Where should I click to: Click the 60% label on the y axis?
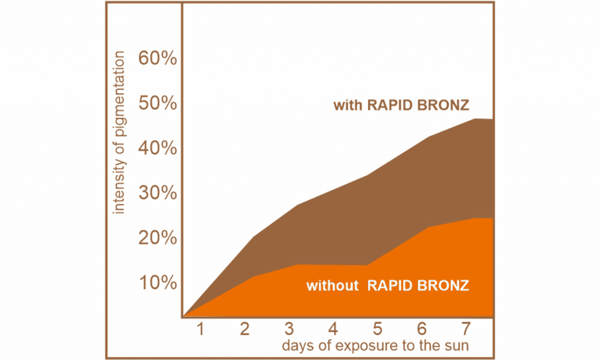[x=158, y=58]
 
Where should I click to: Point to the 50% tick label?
[x=158, y=103]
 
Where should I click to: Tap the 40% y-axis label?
[x=158, y=148]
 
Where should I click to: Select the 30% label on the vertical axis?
[x=158, y=193]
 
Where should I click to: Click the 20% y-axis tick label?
[x=158, y=238]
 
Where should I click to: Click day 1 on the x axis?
[x=200, y=329]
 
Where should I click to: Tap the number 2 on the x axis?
[x=244, y=329]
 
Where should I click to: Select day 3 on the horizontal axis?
[x=289, y=329]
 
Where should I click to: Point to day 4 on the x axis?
[x=333, y=329]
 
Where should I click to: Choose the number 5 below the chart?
[x=377, y=329]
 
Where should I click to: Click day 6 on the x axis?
[x=421, y=329]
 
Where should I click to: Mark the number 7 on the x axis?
[x=465, y=329]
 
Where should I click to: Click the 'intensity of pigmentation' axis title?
[x=119, y=133]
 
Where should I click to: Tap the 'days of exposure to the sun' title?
[x=376, y=345]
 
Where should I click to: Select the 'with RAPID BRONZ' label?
[x=401, y=105]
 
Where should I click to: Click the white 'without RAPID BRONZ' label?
[x=388, y=286]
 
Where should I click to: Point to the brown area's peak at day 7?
[x=475, y=118]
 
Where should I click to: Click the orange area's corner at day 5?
[x=367, y=265]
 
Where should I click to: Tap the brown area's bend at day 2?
[x=254, y=238]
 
